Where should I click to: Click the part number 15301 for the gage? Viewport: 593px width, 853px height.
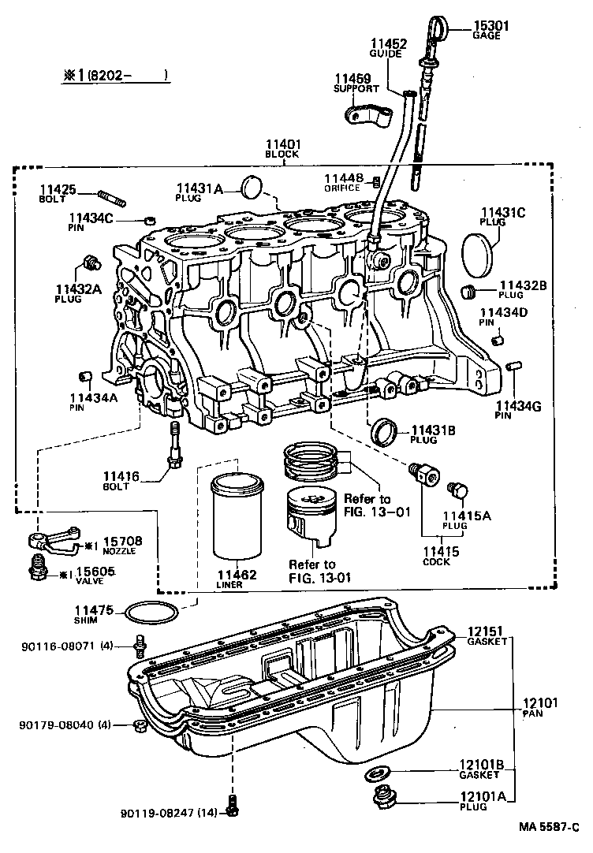click(x=490, y=25)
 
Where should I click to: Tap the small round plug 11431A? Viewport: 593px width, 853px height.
click(x=252, y=187)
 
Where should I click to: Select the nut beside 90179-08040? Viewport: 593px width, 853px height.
click(x=140, y=724)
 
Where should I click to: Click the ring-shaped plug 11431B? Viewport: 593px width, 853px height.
click(x=386, y=431)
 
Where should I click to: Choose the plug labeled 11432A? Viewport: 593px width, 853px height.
click(x=90, y=261)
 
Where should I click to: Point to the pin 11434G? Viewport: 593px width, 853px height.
click(x=514, y=366)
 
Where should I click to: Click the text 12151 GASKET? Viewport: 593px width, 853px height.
click(x=487, y=636)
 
